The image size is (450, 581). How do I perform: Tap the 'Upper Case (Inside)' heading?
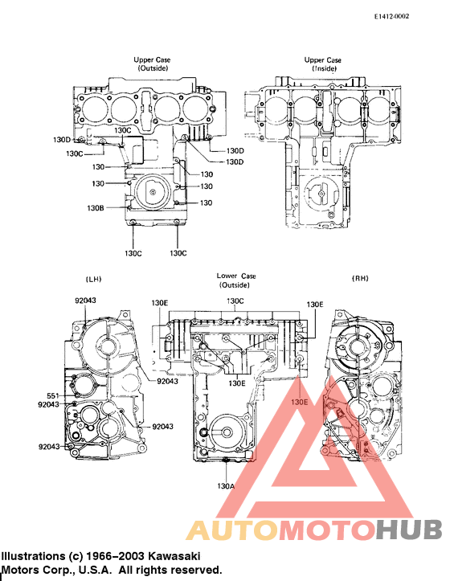(322, 64)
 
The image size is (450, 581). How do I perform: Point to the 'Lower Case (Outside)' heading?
(236, 280)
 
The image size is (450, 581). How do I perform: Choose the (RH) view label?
(361, 278)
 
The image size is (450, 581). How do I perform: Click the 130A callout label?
(226, 485)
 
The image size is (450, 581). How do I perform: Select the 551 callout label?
(52, 395)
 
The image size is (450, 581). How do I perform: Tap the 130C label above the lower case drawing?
(235, 301)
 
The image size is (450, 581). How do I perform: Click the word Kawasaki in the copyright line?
(172, 556)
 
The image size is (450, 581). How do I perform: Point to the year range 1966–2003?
(116, 556)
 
